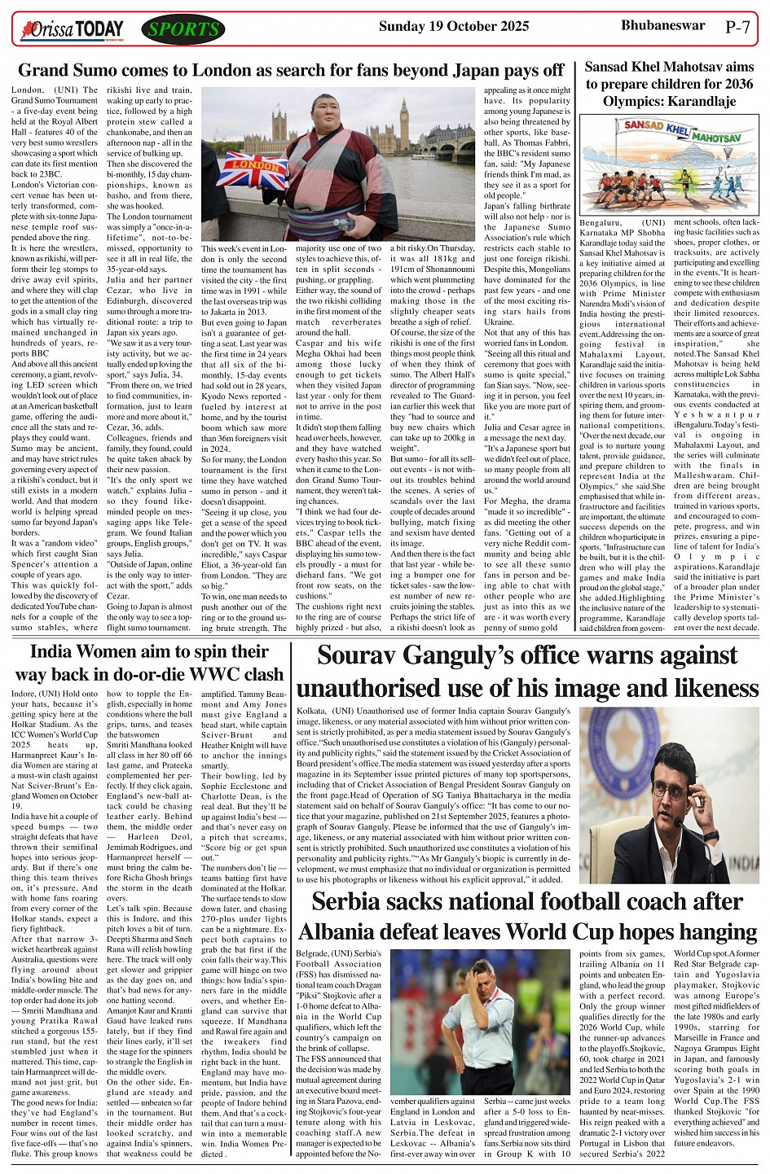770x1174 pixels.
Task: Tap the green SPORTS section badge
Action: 183,30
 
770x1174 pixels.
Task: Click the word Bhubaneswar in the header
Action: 662,25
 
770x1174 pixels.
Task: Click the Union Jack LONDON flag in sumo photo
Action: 251,169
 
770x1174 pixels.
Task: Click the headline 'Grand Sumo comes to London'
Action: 291,71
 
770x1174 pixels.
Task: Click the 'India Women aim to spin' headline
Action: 149,663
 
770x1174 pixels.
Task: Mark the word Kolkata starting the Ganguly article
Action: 311,711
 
